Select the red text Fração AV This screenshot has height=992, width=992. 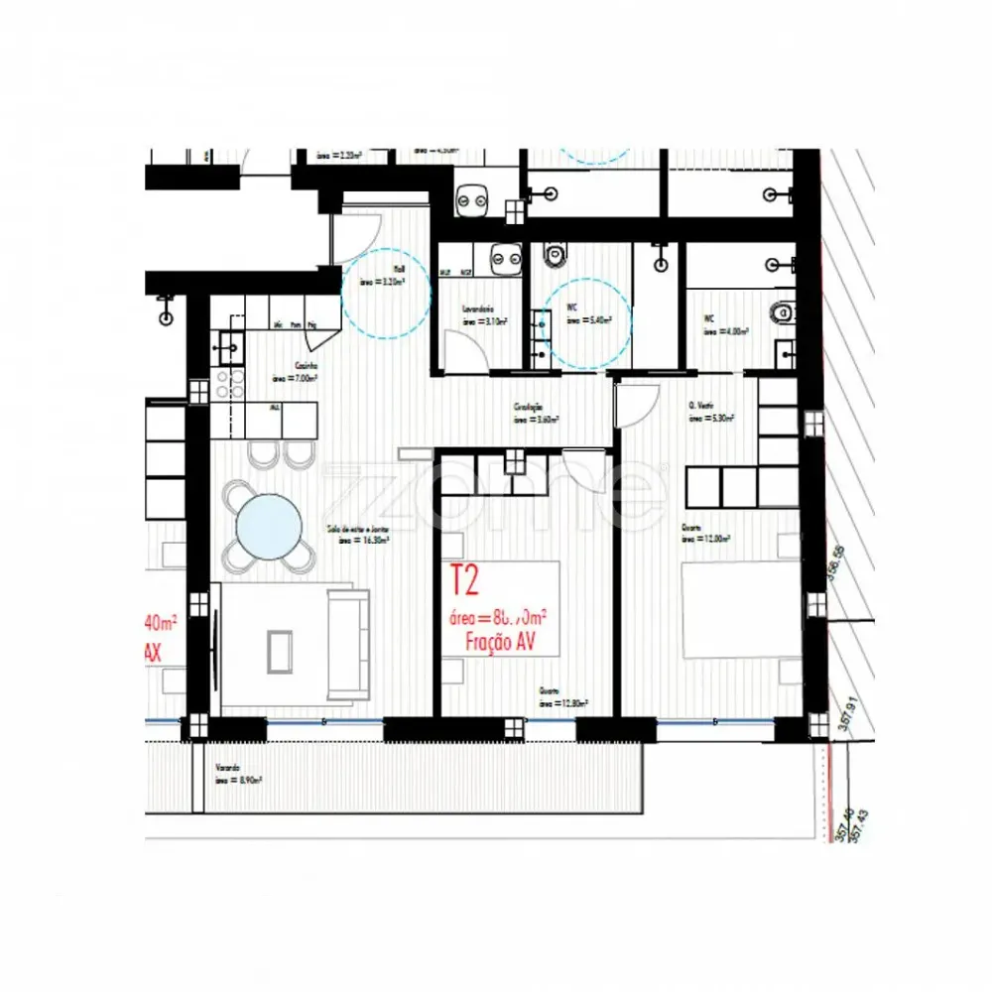(500, 642)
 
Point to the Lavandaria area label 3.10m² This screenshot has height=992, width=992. (484, 316)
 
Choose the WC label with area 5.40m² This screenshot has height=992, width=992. (588, 316)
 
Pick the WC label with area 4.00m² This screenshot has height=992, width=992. (725, 326)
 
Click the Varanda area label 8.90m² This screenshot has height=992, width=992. (237, 775)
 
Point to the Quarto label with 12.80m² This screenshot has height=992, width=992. (562, 696)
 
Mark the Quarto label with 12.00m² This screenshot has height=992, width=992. (705, 534)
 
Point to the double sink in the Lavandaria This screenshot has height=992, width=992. (507, 258)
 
